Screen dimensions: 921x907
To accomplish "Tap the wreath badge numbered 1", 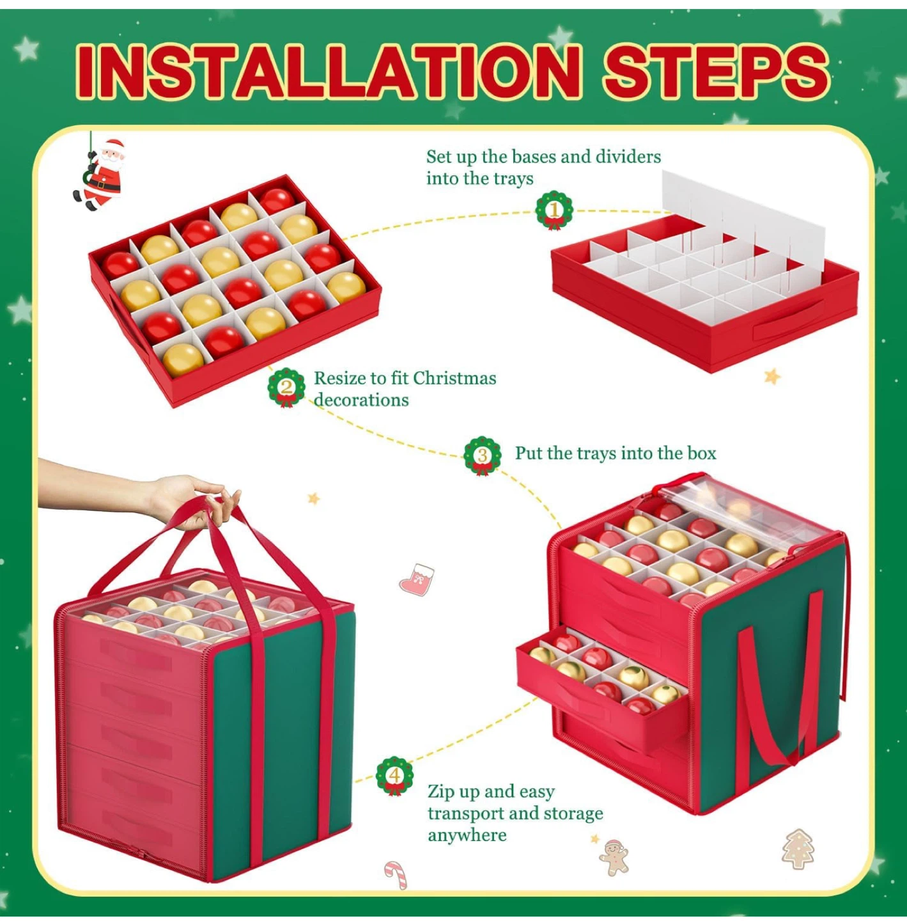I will point(554,210).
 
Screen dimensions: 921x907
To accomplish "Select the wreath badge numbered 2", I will point(286,387).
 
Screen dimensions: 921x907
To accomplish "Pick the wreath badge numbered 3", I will point(482,455).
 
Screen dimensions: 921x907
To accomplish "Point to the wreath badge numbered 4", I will point(394,775).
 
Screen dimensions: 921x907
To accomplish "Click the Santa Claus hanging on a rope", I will point(102,174).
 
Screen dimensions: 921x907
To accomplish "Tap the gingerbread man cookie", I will point(614,857).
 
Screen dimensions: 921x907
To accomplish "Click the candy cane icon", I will point(396,874).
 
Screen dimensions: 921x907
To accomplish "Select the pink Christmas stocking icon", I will point(417,580).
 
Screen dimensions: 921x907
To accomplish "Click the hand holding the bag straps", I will point(185,499).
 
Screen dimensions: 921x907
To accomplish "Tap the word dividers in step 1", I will point(628,157).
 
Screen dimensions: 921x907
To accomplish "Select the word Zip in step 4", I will point(440,792).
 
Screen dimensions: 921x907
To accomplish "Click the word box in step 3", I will point(702,453).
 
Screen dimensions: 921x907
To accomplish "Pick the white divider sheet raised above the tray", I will point(741,217).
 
